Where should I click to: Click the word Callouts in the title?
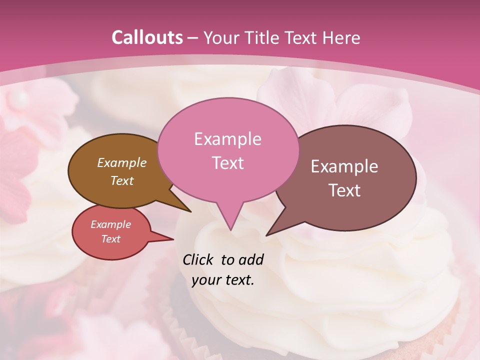147,37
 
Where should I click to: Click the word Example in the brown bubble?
121,162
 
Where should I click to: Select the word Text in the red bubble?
110,239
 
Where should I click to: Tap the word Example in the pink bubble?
227,138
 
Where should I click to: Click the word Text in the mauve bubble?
344,190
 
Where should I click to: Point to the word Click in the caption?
199,259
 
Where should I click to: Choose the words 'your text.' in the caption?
223,280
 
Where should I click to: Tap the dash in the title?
193,37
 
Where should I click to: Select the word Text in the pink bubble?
227,162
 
